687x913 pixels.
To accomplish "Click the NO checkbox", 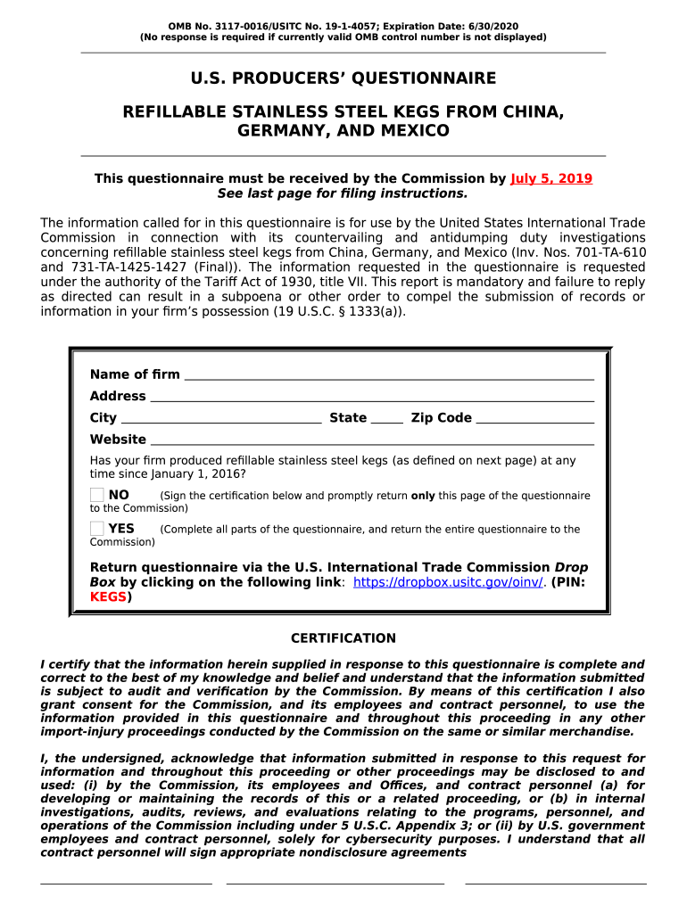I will (97, 495).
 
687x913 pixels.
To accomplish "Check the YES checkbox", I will (97, 529).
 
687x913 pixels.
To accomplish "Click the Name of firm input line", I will (388, 375).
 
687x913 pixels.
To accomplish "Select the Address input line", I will (371, 397).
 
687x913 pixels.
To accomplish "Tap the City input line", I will (220, 418).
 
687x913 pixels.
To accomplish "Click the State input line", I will (386, 418).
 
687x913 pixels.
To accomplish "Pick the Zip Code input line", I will (534, 418).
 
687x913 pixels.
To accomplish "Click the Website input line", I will (371, 440).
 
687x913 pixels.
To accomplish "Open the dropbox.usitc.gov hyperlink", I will (449, 582).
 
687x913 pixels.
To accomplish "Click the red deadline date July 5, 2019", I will (551, 178).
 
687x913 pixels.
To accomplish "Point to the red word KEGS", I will (109, 597).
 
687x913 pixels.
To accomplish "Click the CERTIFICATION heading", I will (343, 638).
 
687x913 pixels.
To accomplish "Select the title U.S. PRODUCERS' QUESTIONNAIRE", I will (343, 78).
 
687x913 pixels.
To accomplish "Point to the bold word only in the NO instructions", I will (423, 496).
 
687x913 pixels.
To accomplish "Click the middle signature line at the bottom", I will (335, 883).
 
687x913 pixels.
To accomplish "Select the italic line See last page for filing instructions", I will (343, 193).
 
